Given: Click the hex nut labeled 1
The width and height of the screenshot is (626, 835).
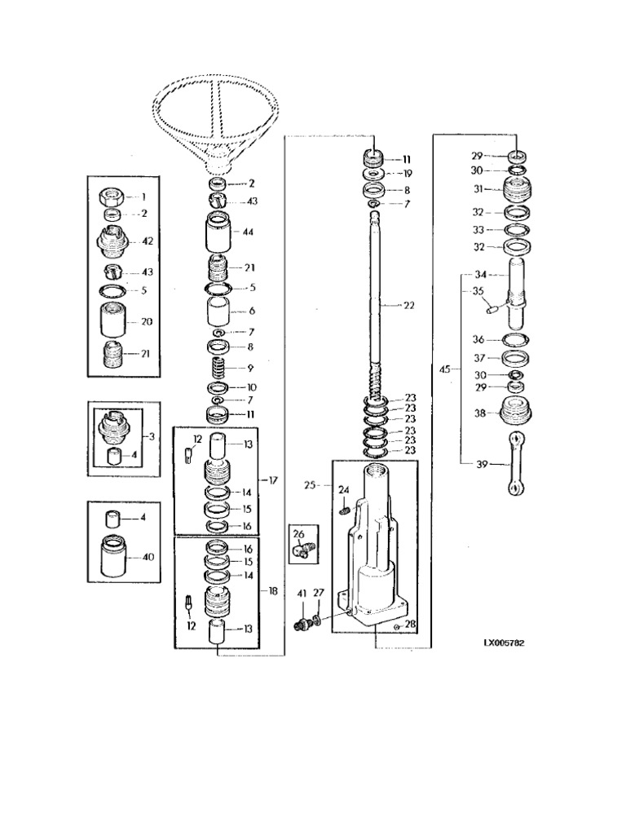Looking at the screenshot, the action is pyautogui.click(x=112, y=197).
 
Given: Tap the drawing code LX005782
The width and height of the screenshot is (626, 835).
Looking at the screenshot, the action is pyautogui.click(x=504, y=643).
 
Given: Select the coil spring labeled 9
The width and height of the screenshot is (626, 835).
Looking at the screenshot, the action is pyautogui.click(x=218, y=368).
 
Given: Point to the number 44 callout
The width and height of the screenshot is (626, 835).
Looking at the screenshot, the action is pyautogui.click(x=248, y=232).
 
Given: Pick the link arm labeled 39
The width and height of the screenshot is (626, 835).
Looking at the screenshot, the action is pyautogui.click(x=515, y=464).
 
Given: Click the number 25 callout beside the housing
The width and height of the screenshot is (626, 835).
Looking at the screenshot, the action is pyautogui.click(x=310, y=486).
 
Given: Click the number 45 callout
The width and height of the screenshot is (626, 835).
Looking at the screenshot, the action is pyautogui.click(x=445, y=369).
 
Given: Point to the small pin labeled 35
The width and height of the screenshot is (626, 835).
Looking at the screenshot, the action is pyautogui.click(x=492, y=307).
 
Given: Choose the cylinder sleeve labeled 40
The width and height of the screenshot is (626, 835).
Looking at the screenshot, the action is pyautogui.click(x=112, y=556).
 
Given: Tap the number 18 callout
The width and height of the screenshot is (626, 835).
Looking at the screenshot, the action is pyautogui.click(x=273, y=590).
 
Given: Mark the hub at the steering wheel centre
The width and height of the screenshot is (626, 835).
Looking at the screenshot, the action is pyautogui.click(x=218, y=162).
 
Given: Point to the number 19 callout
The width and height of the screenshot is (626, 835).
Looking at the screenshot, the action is pyautogui.click(x=408, y=174).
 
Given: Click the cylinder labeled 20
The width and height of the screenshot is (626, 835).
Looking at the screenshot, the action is pyautogui.click(x=112, y=320).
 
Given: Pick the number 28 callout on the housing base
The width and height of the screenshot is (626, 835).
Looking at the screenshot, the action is pyautogui.click(x=409, y=624).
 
